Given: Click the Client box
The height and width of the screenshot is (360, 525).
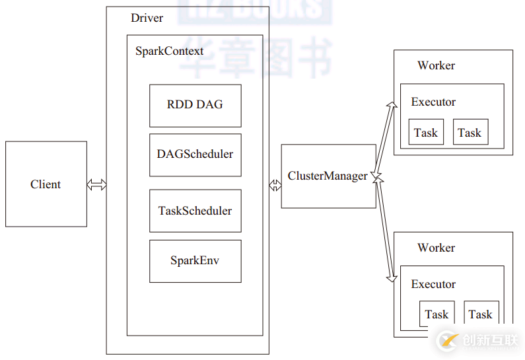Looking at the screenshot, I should pos(46,184).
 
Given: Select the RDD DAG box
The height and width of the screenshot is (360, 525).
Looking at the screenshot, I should pos(195,105).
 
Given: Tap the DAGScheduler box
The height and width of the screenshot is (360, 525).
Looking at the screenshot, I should pos(195,155).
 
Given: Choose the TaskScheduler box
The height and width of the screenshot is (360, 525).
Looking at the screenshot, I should pos(195,211).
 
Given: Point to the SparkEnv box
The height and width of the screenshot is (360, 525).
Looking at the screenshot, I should pos(195,261).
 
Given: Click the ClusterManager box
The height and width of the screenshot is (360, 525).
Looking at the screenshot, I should pos(328,176).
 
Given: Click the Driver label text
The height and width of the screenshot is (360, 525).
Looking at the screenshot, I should pos(147,18).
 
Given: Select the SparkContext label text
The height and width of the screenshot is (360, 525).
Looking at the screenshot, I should pos(170,51).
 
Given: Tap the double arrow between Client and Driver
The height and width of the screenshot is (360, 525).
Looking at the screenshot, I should pos(96,185).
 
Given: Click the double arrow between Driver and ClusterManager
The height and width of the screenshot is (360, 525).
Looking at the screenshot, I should pos(275,186).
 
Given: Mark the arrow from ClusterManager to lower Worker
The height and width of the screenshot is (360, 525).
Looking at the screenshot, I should pos(385,228).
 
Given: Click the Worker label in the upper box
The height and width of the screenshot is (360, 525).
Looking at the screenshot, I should pos(436,65).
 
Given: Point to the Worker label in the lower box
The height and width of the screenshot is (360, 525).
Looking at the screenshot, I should pos(436,248).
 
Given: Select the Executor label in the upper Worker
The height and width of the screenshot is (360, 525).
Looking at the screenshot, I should pos(433,102).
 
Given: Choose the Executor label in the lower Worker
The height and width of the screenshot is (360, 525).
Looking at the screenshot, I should pos(433,284).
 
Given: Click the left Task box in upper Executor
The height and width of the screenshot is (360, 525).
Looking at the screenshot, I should pos(426,133).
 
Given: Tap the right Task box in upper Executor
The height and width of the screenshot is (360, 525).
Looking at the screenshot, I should pos(470,133).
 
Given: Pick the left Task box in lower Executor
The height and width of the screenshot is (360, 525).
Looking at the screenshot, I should pos(437,314).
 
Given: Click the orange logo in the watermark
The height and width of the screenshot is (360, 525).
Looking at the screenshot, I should pos(448,341).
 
